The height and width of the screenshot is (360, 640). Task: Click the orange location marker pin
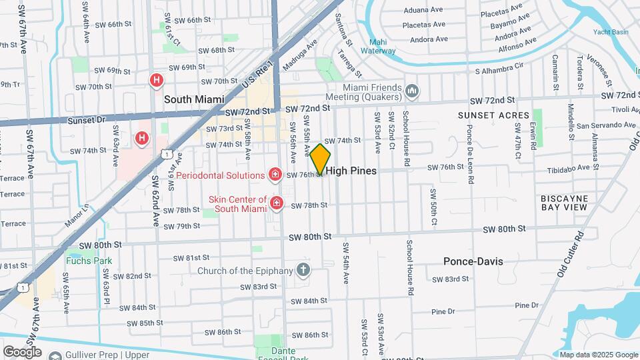(320, 159)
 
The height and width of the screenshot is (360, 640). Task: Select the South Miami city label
(193, 99)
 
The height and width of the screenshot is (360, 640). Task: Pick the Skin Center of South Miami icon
(275, 202)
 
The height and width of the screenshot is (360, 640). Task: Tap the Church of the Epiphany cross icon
(303, 270)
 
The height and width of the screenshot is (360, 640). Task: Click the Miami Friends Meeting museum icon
(412, 89)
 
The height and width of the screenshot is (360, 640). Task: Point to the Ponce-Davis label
(473, 261)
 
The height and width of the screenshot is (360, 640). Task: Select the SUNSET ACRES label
(484, 115)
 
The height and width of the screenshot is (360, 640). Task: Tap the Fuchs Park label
(88, 261)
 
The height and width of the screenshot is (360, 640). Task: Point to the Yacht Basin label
(610, 32)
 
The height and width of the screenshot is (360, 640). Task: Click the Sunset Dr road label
(87, 121)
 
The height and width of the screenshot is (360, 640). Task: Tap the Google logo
(22, 351)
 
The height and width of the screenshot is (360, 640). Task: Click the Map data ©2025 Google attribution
(599, 355)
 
